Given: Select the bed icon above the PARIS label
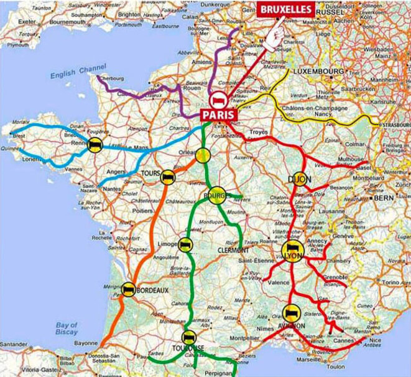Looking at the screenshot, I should [215, 100].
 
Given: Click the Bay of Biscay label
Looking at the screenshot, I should [65, 328].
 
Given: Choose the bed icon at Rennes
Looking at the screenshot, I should [95, 145].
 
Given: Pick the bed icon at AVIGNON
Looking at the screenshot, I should [289, 313].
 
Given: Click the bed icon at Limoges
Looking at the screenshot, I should [185, 244].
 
